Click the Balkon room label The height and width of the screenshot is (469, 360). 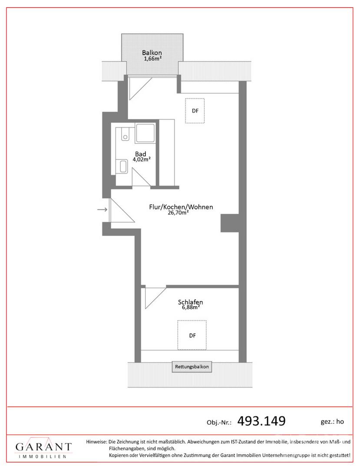point(152,53)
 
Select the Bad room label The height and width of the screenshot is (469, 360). point(141,154)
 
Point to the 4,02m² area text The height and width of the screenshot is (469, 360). point(142,159)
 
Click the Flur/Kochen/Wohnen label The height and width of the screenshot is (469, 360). point(181,207)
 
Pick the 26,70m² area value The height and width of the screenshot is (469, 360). point(178,213)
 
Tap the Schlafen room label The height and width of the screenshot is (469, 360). point(191,302)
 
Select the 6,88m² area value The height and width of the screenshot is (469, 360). point(191,307)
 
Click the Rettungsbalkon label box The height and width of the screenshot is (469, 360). point(192,367)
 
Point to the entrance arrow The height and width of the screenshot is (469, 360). point(102,210)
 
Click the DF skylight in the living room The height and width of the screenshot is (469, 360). point(195,111)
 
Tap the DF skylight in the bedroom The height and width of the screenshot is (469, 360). point(192,335)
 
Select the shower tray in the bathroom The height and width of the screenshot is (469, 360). point(145,133)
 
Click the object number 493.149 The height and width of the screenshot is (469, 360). point(261,421)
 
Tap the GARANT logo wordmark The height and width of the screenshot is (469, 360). point(44,447)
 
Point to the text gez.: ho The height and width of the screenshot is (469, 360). point(332,422)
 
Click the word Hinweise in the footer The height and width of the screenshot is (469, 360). point(96,442)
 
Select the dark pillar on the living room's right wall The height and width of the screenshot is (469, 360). point(230,223)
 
